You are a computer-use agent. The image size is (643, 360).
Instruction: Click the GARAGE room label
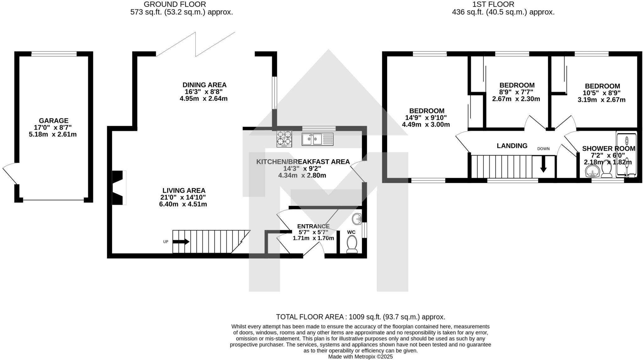coord(53,121)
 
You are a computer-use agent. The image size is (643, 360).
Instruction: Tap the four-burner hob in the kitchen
coord(284,139)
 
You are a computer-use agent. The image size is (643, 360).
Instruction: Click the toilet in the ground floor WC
coord(352,245)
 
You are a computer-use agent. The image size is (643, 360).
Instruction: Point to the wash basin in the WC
coord(357,219)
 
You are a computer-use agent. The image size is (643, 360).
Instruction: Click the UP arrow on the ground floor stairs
coord(181,242)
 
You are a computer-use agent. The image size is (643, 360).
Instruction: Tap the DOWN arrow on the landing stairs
coord(543,164)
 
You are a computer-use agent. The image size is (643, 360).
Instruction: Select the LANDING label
coord(512,146)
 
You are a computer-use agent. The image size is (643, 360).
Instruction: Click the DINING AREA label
coord(204,85)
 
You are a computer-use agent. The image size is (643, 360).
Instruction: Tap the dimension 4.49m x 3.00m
coord(426,124)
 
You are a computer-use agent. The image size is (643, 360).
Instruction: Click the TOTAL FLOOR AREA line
coord(360,317)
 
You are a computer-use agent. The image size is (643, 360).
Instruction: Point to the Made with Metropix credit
coord(360,357)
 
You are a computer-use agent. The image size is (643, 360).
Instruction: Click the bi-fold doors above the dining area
coord(195,44)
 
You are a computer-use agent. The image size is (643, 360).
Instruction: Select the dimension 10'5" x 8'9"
coord(602,93)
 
